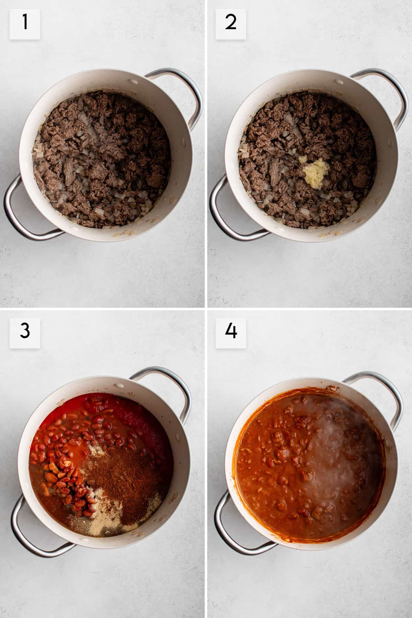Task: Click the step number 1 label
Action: coord(24,24)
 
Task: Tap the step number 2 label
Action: coord(230,24)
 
